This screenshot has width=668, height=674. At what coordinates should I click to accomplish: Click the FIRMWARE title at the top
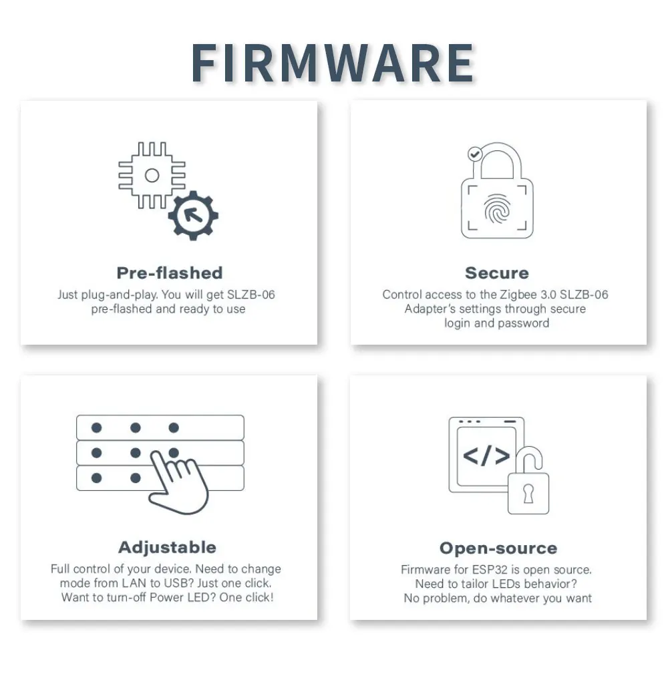click(333, 64)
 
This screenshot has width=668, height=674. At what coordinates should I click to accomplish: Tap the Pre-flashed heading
click(169, 273)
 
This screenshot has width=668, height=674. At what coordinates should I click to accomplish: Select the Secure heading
click(496, 273)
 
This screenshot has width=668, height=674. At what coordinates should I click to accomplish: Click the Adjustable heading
click(167, 547)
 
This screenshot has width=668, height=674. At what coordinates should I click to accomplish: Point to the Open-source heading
click(498, 548)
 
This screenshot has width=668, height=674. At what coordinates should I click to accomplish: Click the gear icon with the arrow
click(193, 215)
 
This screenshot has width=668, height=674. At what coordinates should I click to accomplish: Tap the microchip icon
click(152, 176)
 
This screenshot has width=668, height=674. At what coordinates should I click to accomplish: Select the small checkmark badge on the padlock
click(474, 154)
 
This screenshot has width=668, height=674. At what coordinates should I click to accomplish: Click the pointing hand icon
click(175, 481)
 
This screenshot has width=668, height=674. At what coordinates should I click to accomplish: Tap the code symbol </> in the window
click(486, 456)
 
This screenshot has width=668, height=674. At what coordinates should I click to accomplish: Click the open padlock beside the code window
click(528, 486)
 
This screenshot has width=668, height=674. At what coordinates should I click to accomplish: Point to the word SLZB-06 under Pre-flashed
click(251, 295)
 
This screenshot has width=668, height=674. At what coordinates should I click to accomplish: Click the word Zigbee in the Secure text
click(517, 295)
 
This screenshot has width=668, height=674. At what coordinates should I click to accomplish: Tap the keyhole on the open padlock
click(528, 495)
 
